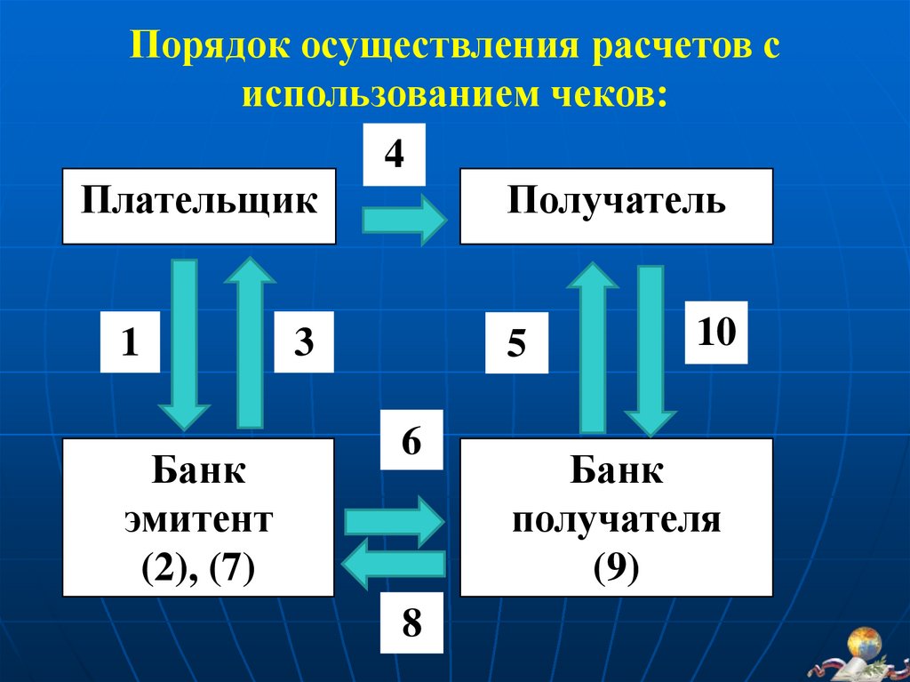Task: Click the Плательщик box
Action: coord(199,205)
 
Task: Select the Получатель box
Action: coord(616,205)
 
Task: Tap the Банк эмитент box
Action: coord(198,517)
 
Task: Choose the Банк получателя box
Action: coord(616,517)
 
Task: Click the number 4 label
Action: coord(394,156)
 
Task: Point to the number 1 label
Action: coord(130,341)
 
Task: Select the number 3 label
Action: coord(304,341)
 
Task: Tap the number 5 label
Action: coord(516,342)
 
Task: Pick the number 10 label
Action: coord(716,333)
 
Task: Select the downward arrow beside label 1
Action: coord(184,342)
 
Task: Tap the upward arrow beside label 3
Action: coord(250,342)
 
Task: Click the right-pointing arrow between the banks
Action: coord(393,521)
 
